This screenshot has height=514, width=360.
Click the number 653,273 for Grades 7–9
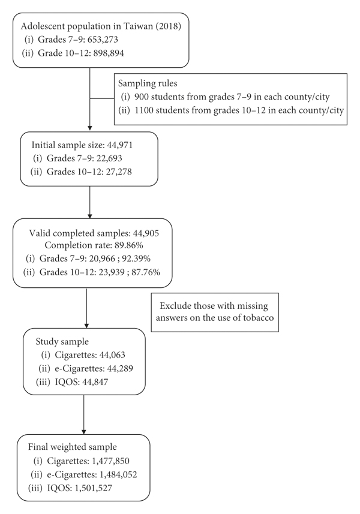(101, 40)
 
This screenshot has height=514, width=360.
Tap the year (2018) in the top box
(169, 26)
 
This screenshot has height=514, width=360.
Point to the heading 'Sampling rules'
(148, 83)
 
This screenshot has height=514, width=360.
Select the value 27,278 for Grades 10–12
(119, 172)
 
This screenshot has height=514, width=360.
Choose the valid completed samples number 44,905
(146, 233)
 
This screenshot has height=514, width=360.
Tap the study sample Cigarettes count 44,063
(112, 355)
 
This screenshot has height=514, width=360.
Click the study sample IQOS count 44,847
(95, 382)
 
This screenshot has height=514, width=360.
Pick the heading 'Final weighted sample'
(73, 447)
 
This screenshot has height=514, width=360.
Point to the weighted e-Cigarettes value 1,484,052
(118, 474)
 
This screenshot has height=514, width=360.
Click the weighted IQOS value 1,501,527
(94, 488)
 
